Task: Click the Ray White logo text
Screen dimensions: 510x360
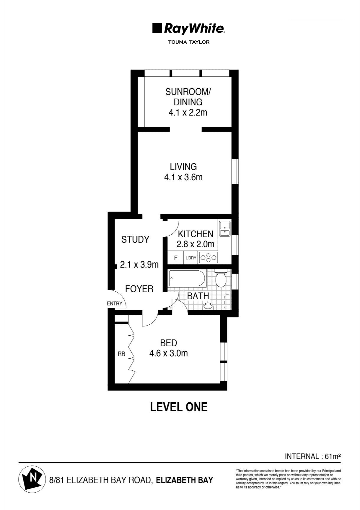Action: pyautogui.click(x=194, y=29)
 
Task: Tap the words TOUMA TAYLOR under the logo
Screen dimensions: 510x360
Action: pyautogui.click(x=189, y=42)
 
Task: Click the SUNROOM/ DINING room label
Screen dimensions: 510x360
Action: pyautogui.click(x=188, y=97)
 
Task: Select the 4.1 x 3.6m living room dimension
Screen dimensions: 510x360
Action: pyautogui.click(x=183, y=177)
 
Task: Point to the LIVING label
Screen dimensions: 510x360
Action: pyautogui.click(x=183, y=167)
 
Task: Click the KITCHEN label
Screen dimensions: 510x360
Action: pyautogui.click(x=196, y=234)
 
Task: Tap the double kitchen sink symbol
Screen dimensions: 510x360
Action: pyautogui.click(x=225, y=229)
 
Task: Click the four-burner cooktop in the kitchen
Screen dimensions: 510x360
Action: pyautogui.click(x=208, y=258)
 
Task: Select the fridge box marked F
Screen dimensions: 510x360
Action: pyautogui.click(x=176, y=258)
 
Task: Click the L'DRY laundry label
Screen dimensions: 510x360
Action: pyautogui.click(x=191, y=258)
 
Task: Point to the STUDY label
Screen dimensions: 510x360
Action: pyautogui.click(x=135, y=239)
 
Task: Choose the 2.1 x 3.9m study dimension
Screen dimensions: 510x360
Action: pyautogui.click(x=139, y=264)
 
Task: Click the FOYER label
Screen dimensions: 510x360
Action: pyautogui.click(x=139, y=289)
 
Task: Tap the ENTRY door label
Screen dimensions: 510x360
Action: pyautogui.click(x=115, y=303)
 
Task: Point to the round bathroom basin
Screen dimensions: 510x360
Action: pyautogui.click(x=208, y=307)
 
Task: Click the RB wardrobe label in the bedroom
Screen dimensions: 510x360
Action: pyautogui.click(x=121, y=354)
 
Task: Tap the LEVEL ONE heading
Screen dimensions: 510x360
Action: pyautogui.click(x=179, y=407)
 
